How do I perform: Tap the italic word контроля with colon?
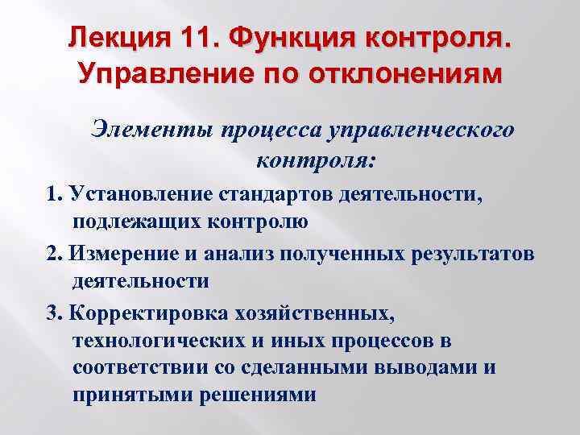coord(304,160)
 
